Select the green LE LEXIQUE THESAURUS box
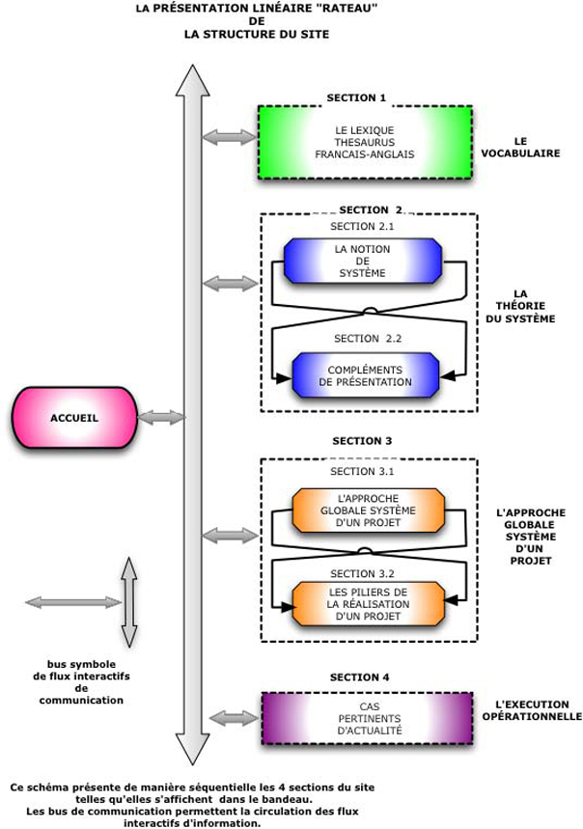pos(365,142)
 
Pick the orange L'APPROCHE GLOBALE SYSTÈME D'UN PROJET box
pos(368,510)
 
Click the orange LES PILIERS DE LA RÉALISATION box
pos(368,603)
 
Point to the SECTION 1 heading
pos(356,97)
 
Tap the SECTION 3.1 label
pos(362,472)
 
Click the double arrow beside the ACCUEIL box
pos(160,418)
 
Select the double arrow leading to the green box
pos(230,138)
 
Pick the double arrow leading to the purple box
pos(233,718)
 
